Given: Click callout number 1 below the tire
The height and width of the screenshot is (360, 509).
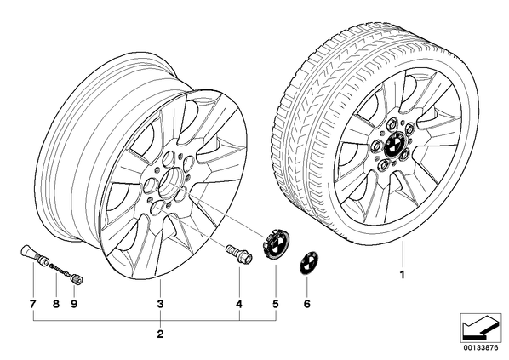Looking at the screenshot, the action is coord(403,275).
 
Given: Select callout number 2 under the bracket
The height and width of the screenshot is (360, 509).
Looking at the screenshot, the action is coord(160,334).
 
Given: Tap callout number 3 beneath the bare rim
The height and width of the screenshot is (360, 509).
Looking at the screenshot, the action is coord(160,304).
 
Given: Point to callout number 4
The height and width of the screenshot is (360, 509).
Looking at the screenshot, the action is coord(239,304).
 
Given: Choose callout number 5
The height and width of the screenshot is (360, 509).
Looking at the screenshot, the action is coord(275,304).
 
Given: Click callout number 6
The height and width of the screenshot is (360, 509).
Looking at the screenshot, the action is coord(306,304).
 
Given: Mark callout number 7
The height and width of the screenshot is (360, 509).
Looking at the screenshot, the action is coord(33,304).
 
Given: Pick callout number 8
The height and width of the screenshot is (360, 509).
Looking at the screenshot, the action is coord(56,304).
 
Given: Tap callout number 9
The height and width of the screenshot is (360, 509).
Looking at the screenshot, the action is coord(74,304).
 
